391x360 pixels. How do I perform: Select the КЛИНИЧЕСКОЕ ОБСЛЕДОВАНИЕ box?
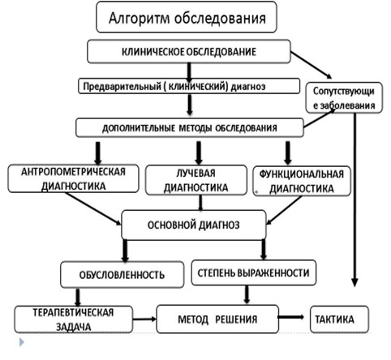[188, 52]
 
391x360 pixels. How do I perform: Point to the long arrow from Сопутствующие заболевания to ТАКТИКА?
[355, 203]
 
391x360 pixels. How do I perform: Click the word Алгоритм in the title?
[144, 17]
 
